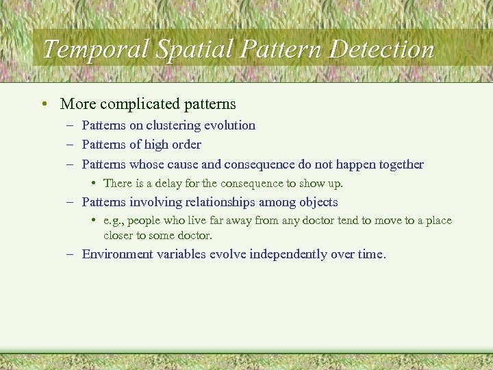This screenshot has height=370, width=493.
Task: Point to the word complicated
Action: coord(140,104)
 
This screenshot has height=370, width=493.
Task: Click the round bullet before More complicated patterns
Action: coord(44,104)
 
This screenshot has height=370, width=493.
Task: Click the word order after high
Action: coord(187,145)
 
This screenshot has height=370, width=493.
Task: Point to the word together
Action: coord(399,164)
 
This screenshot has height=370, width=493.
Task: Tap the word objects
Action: coord(318,202)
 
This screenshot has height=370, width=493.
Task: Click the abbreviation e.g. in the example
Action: coord(113,221)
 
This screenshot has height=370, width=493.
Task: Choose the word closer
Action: coord(119,235)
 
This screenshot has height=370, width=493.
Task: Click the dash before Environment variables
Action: coord(71,254)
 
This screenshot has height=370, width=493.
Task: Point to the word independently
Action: coord(295,254)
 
